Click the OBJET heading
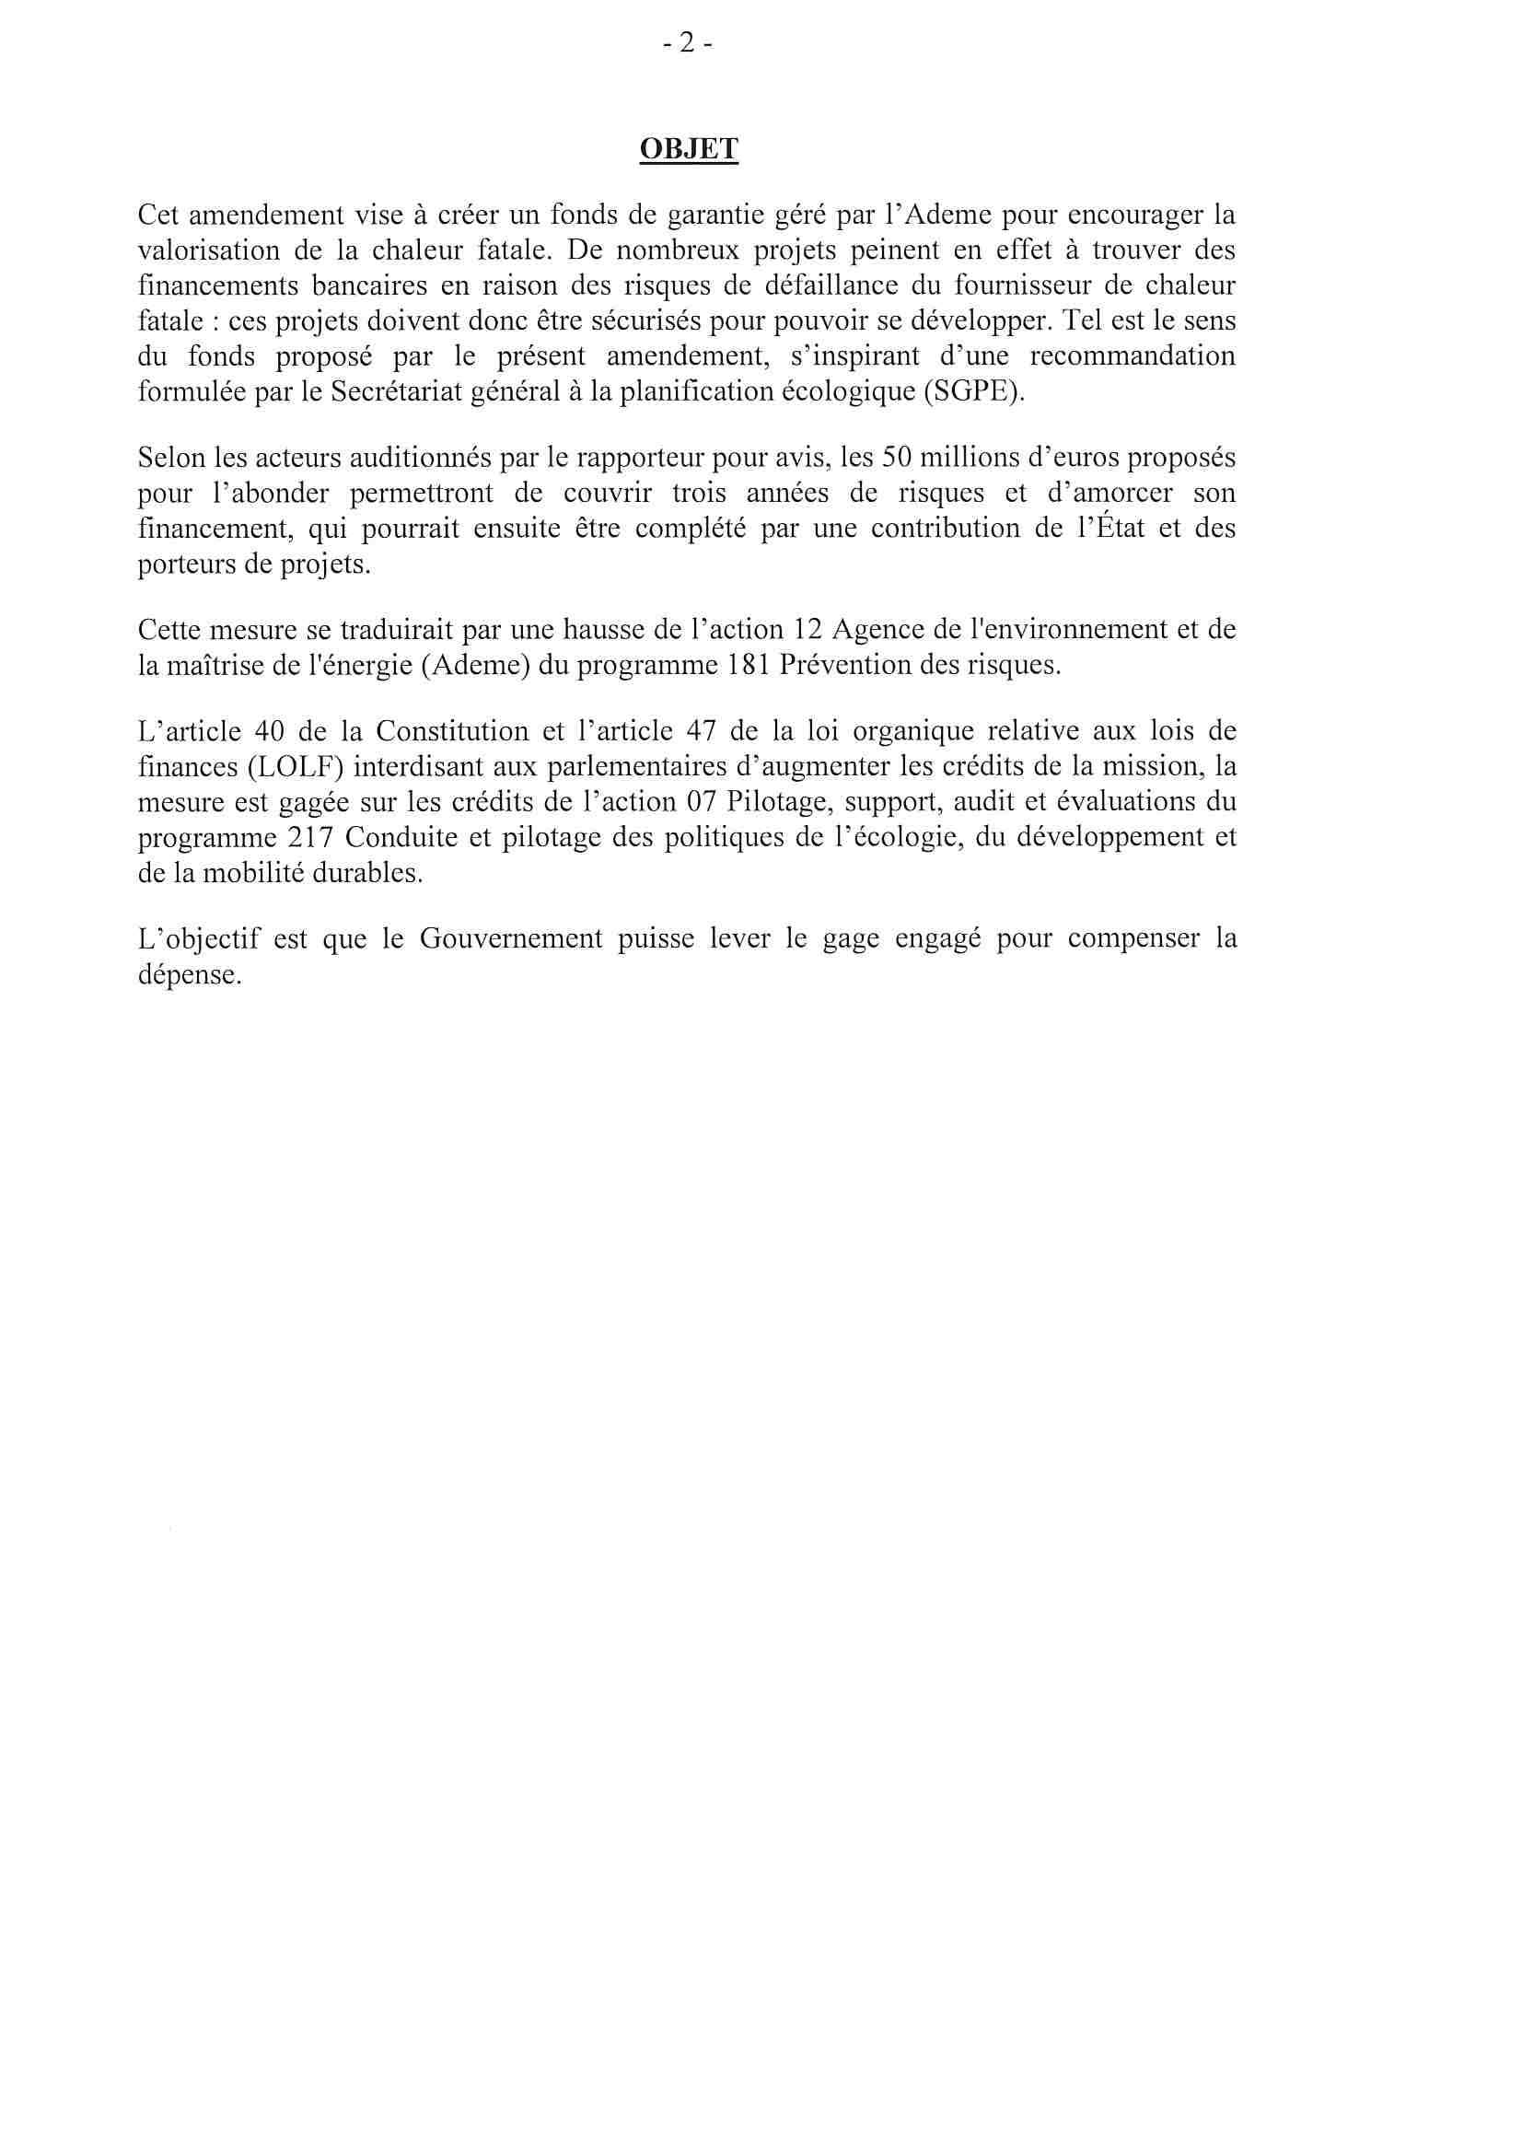pos(689,149)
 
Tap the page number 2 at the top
pos(688,43)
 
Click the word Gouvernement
pos(511,938)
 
